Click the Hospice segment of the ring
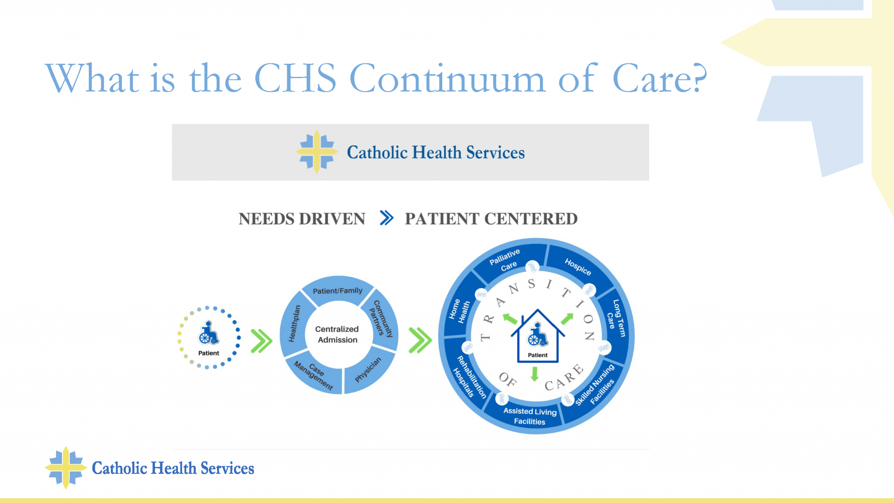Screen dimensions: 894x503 coord(578,266)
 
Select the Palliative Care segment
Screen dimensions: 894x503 coord(506,261)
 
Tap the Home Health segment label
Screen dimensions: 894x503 coord(459,310)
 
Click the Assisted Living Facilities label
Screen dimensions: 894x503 coord(530,416)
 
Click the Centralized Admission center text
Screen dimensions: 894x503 coord(337,334)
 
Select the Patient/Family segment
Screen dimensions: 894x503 coord(337,290)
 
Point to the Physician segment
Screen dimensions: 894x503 coord(368,370)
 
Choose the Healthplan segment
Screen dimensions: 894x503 coord(295,323)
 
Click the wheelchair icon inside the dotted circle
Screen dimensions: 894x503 coord(208,333)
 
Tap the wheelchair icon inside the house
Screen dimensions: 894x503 coord(537,335)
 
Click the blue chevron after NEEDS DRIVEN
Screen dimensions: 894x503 coord(386,217)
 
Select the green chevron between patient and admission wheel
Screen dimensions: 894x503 coord(261,341)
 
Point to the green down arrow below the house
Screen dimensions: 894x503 coord(535,374)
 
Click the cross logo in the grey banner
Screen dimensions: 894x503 coord(317,152)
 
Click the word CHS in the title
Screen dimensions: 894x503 coord(296,79)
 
